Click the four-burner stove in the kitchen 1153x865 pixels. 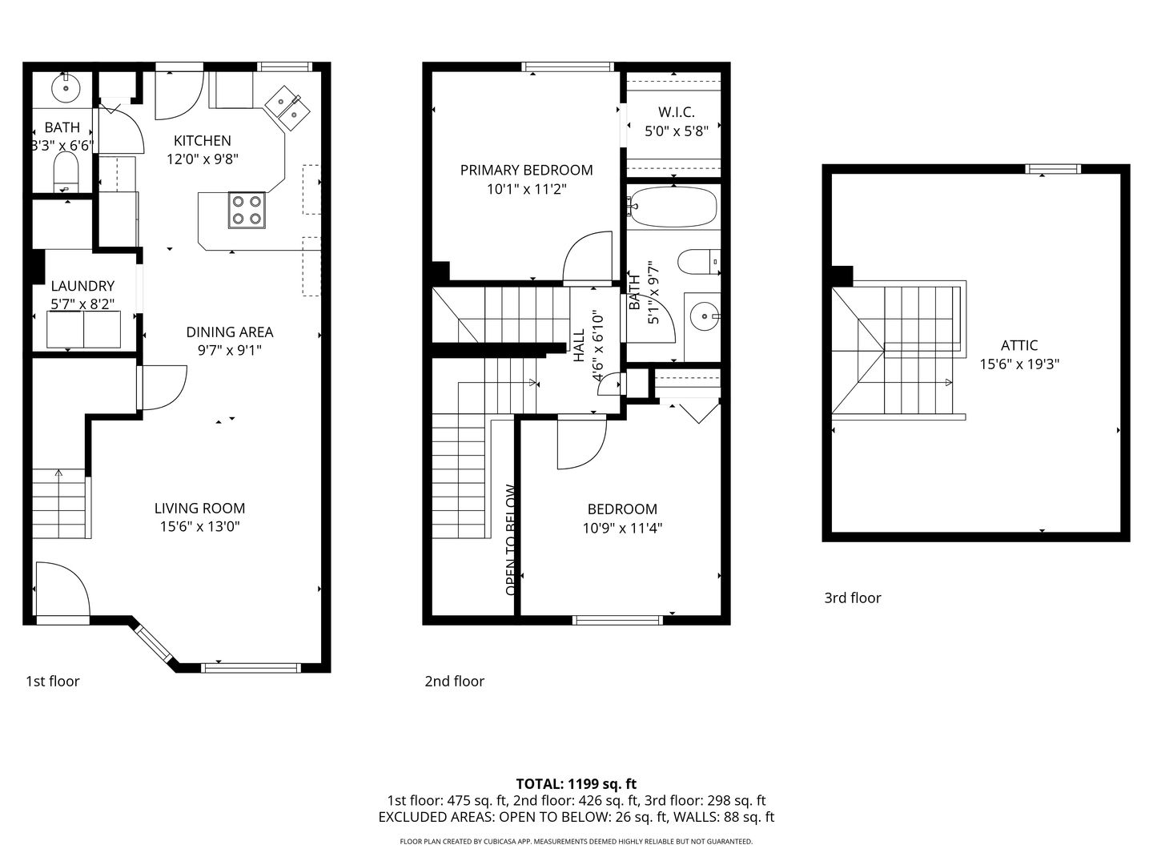pyautogui.click(x=247, y=210)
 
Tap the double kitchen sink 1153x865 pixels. pyautogui.click(x=287, y=107)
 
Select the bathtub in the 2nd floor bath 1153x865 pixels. pyautogui.click(x=673, y=207)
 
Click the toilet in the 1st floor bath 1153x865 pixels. pyautogui.click(x=66, y=172)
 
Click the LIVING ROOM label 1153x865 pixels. pyautogui.click(x=199, y=508)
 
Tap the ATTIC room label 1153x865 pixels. pyautogui.click(x=1019, y=345)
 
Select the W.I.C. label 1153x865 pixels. pyautogui.click(x=676, y=112)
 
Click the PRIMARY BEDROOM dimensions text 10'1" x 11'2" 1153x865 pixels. pyautogui.click(x=526, y=188)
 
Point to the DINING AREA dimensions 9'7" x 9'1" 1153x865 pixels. pyautogui.click(x=230, y=350)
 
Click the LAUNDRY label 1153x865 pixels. pyautogui.click(x=82, y=286)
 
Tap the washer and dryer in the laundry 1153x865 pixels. pyautogui.click(x=83, y=329)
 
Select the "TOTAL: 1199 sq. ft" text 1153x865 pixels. pyautogui.click(x=576, y=784)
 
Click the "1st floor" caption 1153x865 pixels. pyautogui.click(x=53, y=681)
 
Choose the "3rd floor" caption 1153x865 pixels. pyautogui.click(x=853, y=597)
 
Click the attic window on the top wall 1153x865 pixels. pyautogui.click(x=1053, y=169)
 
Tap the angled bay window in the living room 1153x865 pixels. pyautogui.click(x=154, y=643)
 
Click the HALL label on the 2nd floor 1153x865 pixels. pyautogui.click(x=579, y=345)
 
